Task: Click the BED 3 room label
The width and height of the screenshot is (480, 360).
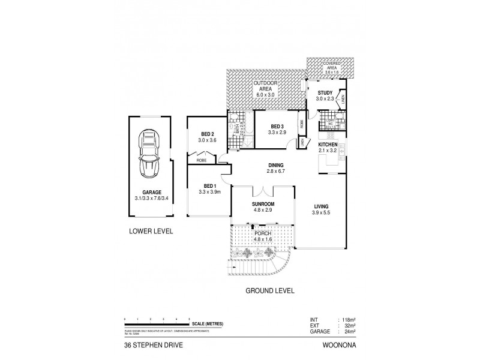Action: [x=277, y=126]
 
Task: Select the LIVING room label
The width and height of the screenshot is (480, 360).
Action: [x=321, y=206]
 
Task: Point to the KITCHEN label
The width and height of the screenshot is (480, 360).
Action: [x=328, y=145]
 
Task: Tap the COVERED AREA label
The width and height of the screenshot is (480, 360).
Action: [x=332, y=65]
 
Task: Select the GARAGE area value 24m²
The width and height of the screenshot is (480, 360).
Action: [x=348, y=331]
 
